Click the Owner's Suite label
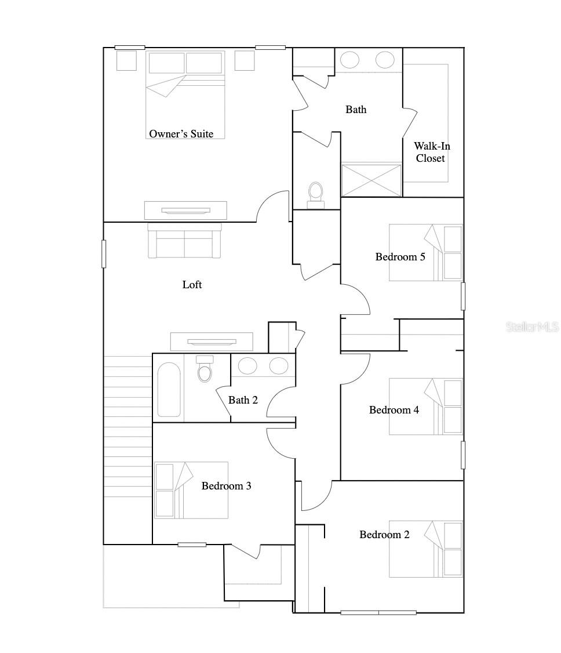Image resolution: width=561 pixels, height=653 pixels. pos(181,134)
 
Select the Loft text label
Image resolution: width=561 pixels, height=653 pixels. pos(192,285)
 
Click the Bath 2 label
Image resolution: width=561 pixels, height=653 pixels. pos(243,400)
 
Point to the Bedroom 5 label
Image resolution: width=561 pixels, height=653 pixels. pos(400,257)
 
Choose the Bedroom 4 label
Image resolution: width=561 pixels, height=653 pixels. pos(394,410)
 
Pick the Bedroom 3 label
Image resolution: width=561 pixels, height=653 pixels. pos(226,486)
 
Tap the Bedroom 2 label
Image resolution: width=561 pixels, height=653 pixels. pos(384,535)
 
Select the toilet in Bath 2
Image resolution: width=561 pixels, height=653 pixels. pos(205,369)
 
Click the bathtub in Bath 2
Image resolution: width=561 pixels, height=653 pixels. pos(169,389)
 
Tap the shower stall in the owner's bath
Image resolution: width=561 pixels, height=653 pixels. pos(371,180)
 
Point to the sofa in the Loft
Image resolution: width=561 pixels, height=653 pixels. pos(184,241)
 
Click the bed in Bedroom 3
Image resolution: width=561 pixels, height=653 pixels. pos(191,490)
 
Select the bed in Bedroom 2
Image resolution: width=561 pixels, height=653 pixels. pos(426,549)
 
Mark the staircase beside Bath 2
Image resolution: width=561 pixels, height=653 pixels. pos(128,426)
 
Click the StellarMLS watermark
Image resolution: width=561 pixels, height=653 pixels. pos(533,326)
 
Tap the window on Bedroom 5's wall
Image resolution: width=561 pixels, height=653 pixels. pos(462,296)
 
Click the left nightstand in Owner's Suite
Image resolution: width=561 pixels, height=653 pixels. pos(126,60)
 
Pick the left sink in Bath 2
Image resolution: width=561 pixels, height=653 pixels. pos(248,365)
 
